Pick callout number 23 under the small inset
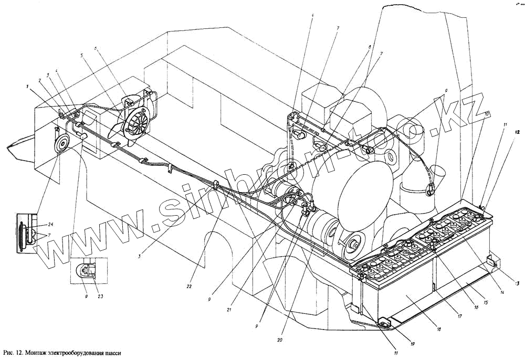click(x=100, y=297)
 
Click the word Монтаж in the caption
click(x=46, y=353)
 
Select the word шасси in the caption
click(x=114, y=354)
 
